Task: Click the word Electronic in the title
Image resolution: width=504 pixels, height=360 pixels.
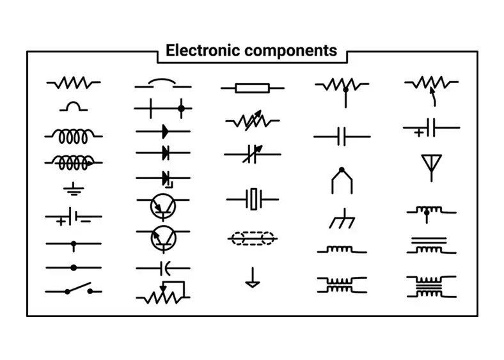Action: point(203,51)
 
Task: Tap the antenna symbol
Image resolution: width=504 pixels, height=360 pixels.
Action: point(431,166)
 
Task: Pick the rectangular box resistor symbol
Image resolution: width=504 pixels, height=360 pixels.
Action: point(253,88)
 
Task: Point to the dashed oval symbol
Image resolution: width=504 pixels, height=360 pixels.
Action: point(253,239)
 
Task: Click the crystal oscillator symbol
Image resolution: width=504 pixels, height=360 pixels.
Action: point(253,200)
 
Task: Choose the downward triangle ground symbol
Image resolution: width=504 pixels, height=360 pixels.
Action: point(253,279)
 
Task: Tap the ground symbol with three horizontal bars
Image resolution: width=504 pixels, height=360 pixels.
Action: point(73,189)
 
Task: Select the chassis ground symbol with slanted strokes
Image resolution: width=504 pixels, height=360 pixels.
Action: point(340,220)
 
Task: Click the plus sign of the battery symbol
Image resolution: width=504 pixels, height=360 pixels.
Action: point(60,222)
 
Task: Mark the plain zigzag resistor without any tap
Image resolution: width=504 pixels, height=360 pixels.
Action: point(73,82)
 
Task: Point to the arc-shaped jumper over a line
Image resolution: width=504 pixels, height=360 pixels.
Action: point(162,83)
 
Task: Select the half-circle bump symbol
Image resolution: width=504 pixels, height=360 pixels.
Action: point(73,106)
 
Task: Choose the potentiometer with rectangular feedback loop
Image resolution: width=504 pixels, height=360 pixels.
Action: point(163,293)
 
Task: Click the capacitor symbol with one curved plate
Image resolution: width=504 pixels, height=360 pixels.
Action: point(162,267)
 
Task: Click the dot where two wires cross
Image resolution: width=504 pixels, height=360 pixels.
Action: point(182,109)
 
